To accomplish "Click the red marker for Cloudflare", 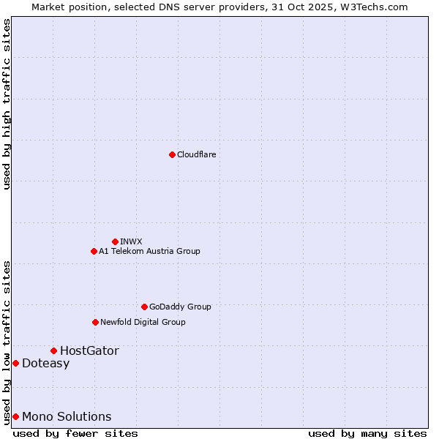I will point(172,154).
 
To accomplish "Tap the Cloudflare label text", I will point(197,154).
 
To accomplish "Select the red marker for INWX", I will point(115,241).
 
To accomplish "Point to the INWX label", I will point(132,241).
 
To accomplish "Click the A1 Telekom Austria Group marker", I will point(94,251).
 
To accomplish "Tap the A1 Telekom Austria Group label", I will point(149,251).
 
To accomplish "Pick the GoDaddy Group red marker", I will point(144,307).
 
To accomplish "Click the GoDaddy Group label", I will point(180,307).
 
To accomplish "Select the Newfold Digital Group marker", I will point(95,322).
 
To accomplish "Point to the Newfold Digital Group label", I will point(143,322).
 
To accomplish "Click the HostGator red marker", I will point(53,350).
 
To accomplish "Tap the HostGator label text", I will point(89,350).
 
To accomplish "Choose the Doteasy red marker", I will point(15,363).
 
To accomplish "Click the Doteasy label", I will point(45,363).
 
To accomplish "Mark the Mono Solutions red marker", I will point(15,416).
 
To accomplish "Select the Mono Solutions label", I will point(67,416).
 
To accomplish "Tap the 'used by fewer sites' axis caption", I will point(75,433).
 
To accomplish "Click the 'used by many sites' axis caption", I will point(367,433).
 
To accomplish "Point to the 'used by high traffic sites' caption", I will point(7,104).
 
